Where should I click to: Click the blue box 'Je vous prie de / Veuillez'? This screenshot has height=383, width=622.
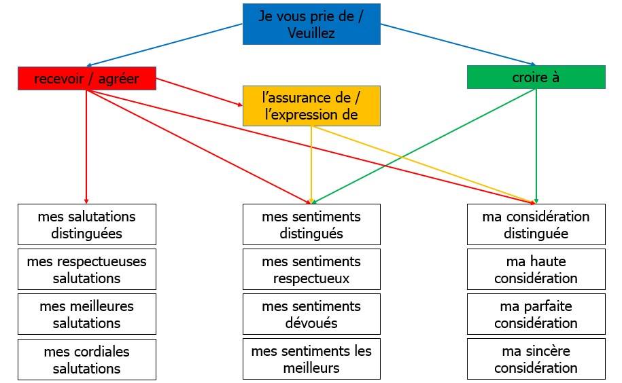pyautogui.click(x=311, y=24)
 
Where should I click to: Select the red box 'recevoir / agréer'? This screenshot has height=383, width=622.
pyautogui.click(x=87, y=78)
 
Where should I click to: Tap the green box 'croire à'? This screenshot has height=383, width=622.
pyautogui.click(x=536, y=77)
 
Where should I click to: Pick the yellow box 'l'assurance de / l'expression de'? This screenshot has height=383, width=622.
pyautogui.click(x=311, y=106)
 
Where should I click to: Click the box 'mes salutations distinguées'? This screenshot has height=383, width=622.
pyautogui.click(x=87, y=225)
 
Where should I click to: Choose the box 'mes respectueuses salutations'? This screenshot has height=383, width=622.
pyautogui.click(x=87, y=270)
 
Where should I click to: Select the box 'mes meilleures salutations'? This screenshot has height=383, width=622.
pyautogui.click(x=87, y=314)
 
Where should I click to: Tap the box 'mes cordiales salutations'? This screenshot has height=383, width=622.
pyautogui.click(x=87, y=359)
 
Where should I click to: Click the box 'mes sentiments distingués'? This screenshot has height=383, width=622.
pyautogui.click(x=311, y=225)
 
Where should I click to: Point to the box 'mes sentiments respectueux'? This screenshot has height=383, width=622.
pyautogui.click(x=311, y=270)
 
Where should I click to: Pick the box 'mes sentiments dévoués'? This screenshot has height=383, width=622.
pyautogui.click(x=311, y=314)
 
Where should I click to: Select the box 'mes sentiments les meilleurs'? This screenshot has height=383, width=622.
pyautogui.click(x=311, y=359)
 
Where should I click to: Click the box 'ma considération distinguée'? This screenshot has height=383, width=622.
pyautogui.click(x=536, y=225)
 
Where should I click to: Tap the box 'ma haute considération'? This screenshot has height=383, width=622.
pyautogui.click(x=536, y=270)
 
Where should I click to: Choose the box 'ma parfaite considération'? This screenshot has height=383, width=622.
pyautogui.click(x=536, y=314)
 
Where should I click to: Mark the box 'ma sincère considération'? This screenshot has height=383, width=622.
pyautogui.click(x=536, y=359)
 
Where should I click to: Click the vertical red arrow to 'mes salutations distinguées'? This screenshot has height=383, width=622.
pyautogui.click(x=86, y=147)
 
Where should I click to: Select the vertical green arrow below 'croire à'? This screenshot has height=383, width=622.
pyautogui.click(x=536, y=146)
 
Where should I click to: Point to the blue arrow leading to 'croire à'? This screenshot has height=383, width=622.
pyautogui.click(x=458, y=44)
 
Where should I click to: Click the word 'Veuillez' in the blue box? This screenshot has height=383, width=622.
pyautogui.click(x=311, y=33)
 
